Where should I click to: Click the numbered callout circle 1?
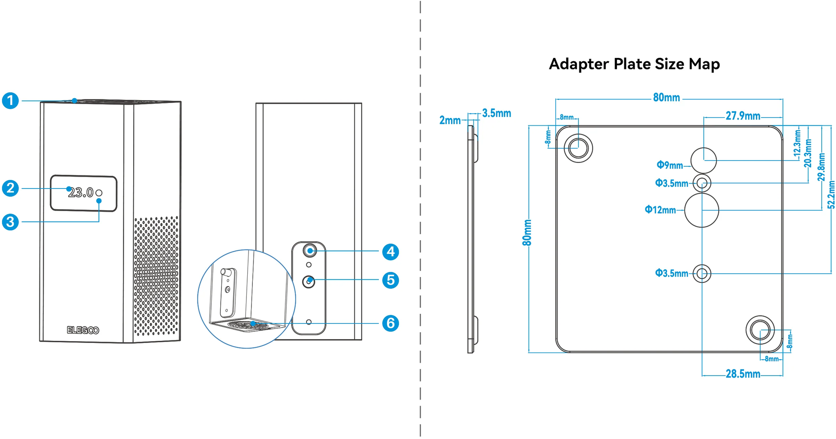[x=10, y=101]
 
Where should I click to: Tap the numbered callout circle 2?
[x=10, y=188]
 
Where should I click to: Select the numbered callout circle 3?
[x=10, y=222]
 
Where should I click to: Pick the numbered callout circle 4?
[x=390, y=252]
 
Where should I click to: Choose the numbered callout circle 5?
[x=390, y=280]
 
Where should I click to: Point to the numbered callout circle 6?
[x=390, y=323]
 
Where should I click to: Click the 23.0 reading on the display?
[x=81, y=193]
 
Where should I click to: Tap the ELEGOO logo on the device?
[x=83, y=330]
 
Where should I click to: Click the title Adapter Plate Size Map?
[x=634, y=64]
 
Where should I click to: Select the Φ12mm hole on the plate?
[x=701, y=210]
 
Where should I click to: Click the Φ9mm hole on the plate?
[x=704, y=160]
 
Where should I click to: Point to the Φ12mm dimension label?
[x=660, y=210]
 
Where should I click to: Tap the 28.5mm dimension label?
[x=743, y=374]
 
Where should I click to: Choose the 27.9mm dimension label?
[x=743, y=116]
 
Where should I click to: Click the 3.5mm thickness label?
[x=497, y=114]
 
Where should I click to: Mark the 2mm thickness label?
[x=450, y=120]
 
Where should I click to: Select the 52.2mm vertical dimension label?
[x=831, y=195]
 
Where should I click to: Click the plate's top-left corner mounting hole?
[x=578, y=148]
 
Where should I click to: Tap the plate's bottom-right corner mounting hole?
[x=760, y=330]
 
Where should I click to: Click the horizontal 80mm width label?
[x=666, y=98]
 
